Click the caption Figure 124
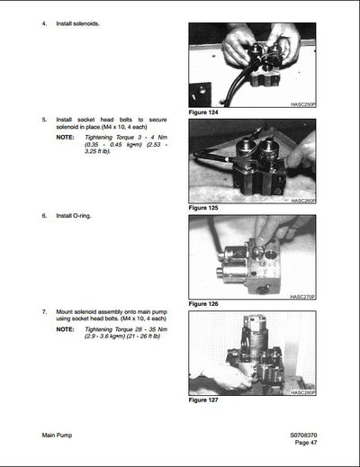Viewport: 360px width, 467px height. [x=204, y=112]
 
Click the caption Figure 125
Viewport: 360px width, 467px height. [x=204, y=208]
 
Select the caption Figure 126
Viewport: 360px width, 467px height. [x=204, y=304]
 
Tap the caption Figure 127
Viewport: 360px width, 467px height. [x=204, y=400]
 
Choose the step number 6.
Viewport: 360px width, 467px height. [x=45, y=216]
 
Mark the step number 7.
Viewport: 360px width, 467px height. [x=45, y=311]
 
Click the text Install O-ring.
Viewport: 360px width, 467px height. [x=74, y=216]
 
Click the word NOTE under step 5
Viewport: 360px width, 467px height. [x=65, y=136]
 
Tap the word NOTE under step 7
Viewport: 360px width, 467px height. [x=65, y=329]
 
